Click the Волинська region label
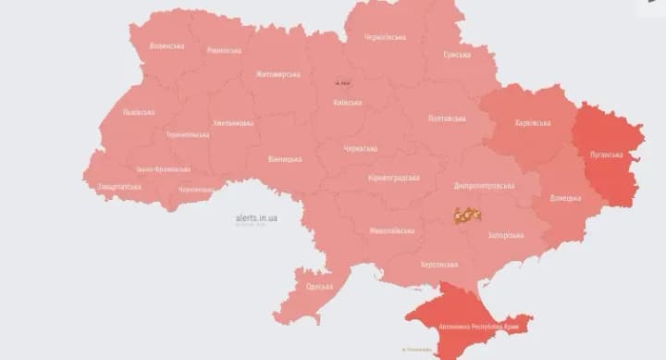click(166, 45)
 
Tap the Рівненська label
click(224, 50)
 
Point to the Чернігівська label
click(385, 37)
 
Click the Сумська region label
click(457, 55)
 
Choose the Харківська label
click(533, 122)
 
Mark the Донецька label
click(564, 198)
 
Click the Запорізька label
click(506, 235)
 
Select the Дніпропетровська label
click(485, 185)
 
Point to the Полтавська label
click(448, 118)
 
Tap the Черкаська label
click(360, 148)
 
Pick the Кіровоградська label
click(393, 178)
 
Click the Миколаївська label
click(391, 230)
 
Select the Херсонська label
click(438, 265)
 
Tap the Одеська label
click(319, 287)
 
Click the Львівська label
click(139, 112)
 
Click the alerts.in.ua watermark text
click(256, 217)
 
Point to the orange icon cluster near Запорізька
click(467, 216)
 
